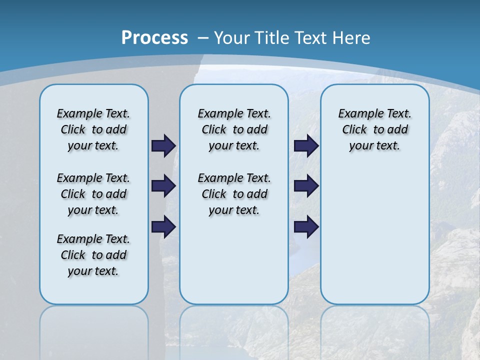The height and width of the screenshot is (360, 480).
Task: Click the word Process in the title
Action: tap(154, 38)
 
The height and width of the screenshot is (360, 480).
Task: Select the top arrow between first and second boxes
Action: tap(163, 145)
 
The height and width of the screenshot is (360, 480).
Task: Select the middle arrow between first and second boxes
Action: tap(163, 186)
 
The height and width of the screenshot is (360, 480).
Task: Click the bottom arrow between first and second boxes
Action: tap(163, 226)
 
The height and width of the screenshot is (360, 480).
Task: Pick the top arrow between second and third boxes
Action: tap(306, 145)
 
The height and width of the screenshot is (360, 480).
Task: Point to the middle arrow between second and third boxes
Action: tap(306, 186)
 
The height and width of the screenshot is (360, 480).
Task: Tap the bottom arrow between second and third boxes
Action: tap(306, 226)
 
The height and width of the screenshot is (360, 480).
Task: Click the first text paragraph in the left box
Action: tap(93, 129)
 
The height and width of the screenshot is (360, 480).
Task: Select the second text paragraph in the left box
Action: tap(93, 194)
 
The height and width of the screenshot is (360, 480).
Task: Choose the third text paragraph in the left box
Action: tap(93, 255)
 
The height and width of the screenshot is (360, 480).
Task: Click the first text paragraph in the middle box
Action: tap(234, 129)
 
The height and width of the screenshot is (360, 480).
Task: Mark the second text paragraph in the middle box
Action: tap(234, 194)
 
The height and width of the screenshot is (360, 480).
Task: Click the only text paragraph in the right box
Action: tap(374, 129)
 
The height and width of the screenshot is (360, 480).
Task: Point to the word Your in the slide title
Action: tap(231, 38)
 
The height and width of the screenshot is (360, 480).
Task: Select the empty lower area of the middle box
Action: tap(234, 260)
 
